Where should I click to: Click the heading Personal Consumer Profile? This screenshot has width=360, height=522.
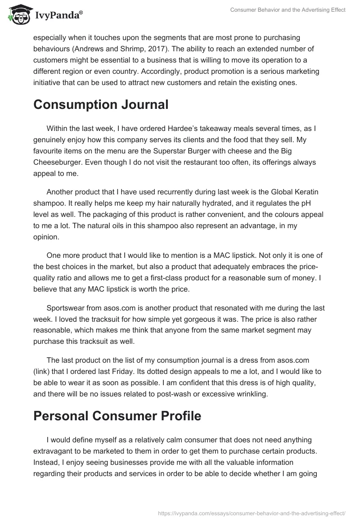click(117, 416)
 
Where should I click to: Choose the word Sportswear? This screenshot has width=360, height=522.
click(67, 308)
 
